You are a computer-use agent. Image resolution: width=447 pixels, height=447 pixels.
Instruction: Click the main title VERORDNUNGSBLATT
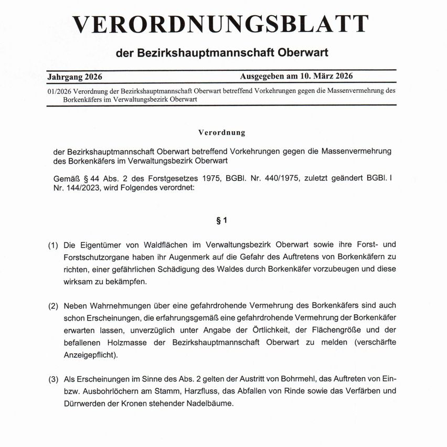220,24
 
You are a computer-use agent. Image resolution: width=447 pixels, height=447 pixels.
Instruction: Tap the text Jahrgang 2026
74,77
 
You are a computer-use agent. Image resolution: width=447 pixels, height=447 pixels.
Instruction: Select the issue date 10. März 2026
326,76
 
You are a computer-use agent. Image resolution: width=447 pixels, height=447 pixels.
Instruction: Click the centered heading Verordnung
222,133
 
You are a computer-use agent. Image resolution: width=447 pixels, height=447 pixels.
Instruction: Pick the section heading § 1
221,221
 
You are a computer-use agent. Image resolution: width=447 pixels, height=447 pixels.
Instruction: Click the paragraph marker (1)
53,245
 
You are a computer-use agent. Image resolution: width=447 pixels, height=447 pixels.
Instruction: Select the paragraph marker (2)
53,305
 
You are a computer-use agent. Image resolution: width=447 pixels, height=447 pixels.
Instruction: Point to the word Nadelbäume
206,404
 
